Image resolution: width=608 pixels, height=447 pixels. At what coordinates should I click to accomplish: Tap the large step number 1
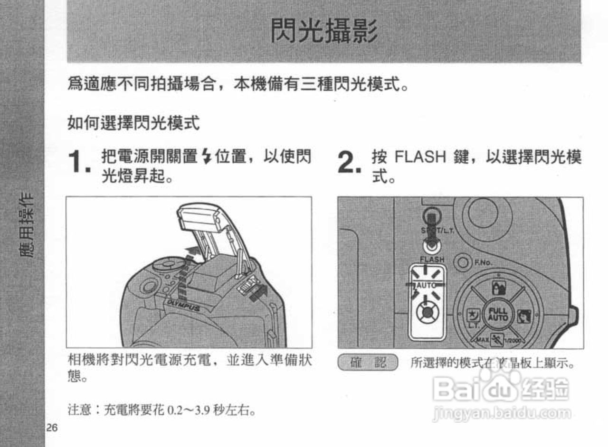coord(78,163)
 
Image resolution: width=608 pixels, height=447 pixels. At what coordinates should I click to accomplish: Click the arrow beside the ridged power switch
coord(259,293)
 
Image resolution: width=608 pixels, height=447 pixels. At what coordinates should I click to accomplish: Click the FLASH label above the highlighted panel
coord(432,260)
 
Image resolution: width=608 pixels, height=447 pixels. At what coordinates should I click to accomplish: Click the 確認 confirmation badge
coord(368,363)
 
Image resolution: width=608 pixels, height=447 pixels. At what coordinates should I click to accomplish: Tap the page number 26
coord(52,428)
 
